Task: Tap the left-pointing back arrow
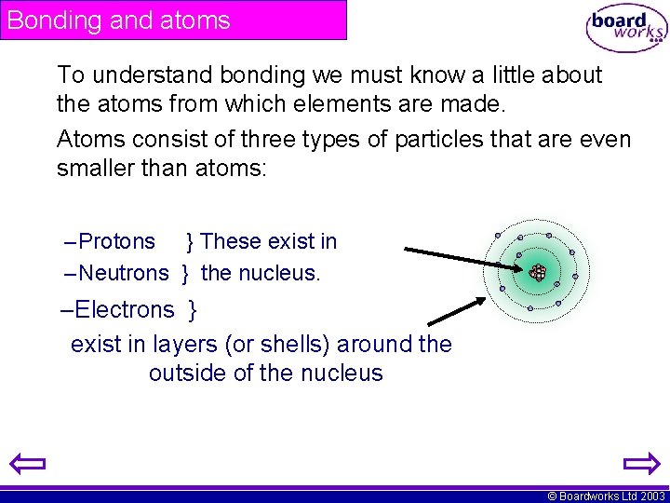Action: [x=28, y=464]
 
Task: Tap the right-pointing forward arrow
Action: [x=640, y=464]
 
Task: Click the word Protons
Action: [x=117, y=242]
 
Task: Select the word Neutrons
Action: [x=124, y=273]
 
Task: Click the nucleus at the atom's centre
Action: [x=538, y=272]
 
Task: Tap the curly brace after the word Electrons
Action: [x=193, y=309]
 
